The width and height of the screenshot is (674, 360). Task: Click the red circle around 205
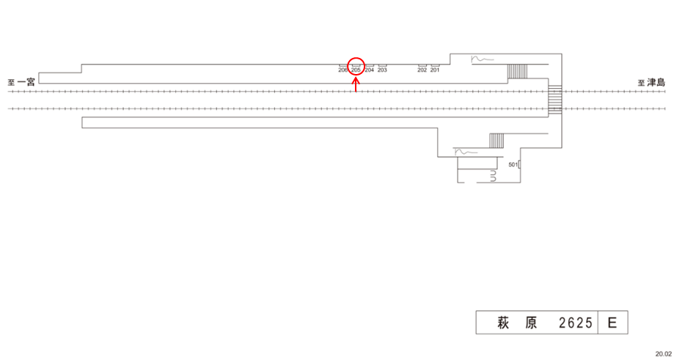coord(356,66)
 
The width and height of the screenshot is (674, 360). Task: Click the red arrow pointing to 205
coord(356,84)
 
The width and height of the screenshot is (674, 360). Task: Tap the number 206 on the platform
coord(343,70)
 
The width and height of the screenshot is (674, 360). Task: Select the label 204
coord(369,70)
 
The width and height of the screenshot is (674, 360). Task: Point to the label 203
coord(382,70)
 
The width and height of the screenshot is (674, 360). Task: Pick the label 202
coord(422,70)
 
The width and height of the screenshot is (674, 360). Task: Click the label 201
coord(435,70)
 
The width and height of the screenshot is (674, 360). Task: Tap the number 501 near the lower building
coord(513,164)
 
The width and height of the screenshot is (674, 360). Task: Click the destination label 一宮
coord(26,82)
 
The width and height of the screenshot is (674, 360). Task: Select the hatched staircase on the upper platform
coord(518,71)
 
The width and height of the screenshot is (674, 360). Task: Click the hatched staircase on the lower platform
coord(497,140)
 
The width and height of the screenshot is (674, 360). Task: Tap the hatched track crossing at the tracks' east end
coord(555,100)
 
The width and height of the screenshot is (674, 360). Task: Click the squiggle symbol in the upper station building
coord(480,59)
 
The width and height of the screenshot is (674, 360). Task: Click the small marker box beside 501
coord(519,166)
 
